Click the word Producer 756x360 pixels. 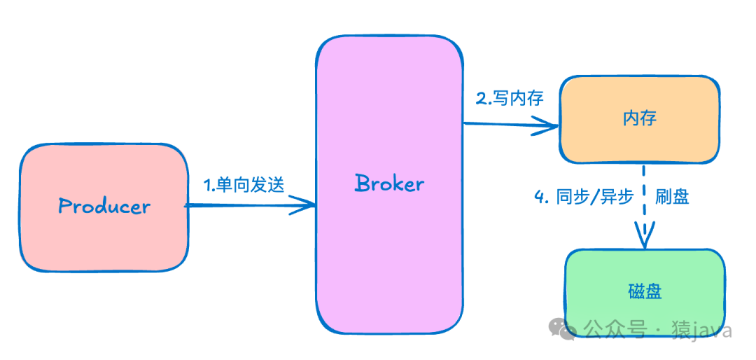click(x=104, y=207)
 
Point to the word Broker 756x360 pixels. click(x=389, y=184)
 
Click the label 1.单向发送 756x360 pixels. click(x=244, y=186)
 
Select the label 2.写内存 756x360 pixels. click(x=510, y=98)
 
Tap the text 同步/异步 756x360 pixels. click(x=594, y=197)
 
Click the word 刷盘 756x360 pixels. click(x=672, y=197)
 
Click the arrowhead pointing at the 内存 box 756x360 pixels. click(x=549, y=127)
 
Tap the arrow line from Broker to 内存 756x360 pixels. click(x=504, y=125)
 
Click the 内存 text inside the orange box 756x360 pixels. click(x=639, y=118)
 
